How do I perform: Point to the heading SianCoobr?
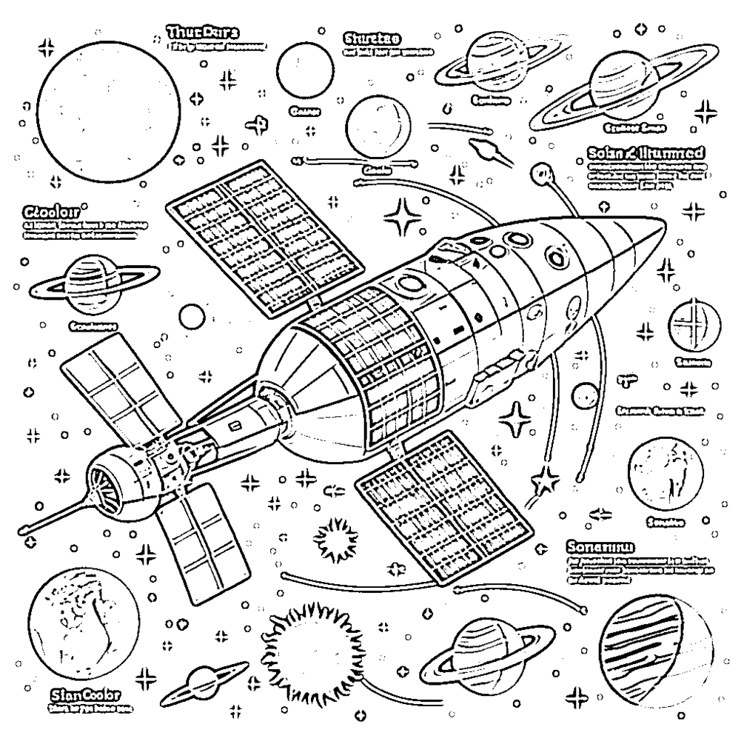click(x=86, y=694)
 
